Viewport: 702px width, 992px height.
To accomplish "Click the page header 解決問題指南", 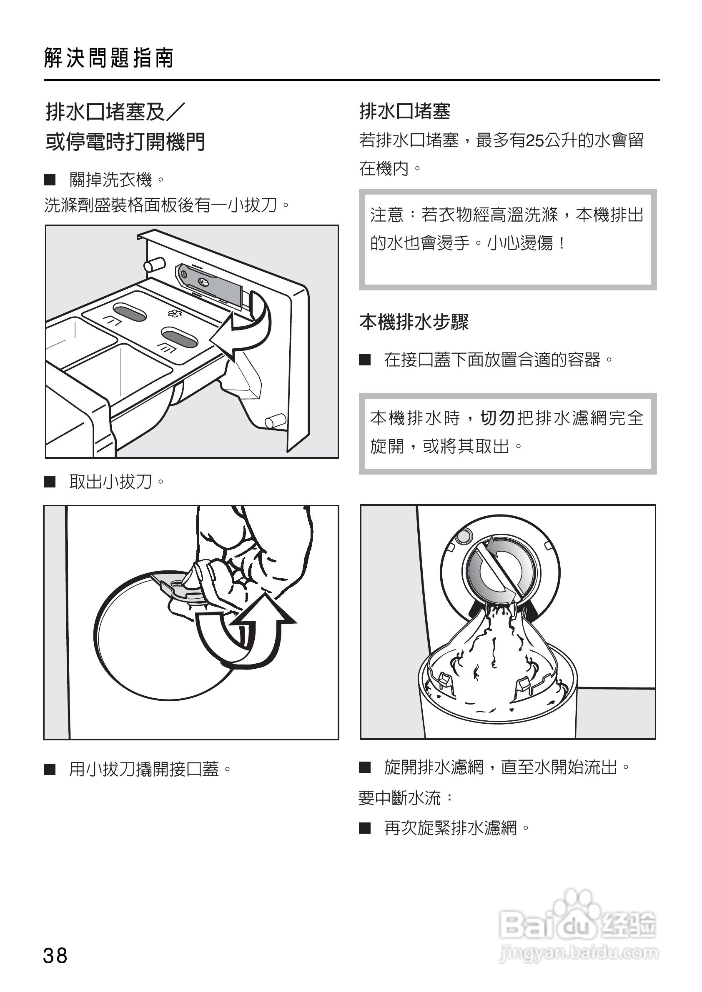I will click(x=109, y=58).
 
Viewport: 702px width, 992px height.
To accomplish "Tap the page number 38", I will click(x=55, y=956).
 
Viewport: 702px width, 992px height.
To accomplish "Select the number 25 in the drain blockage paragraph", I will click(x=535, y=140).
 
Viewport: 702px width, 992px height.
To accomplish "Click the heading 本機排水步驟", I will click(x=414, y=322).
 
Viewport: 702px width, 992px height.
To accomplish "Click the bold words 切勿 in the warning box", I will click(x=497, y=418).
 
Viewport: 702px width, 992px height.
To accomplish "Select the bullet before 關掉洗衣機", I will click(x=50, y=180).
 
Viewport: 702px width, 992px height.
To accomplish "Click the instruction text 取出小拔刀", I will click(x=110, y=481).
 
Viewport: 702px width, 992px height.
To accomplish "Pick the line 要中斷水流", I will click(x=400, y=797).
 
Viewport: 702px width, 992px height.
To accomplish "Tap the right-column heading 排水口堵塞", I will click(x=405, y=112).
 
